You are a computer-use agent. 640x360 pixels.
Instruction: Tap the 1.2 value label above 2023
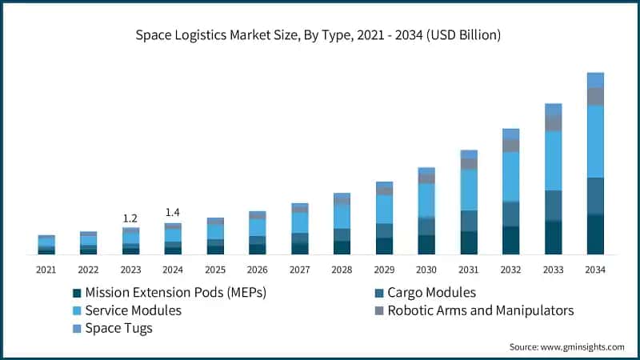(130, 218)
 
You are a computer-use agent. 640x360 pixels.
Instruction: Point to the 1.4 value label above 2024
(172, 212)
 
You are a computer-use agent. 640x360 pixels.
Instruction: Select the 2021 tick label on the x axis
(46, 270)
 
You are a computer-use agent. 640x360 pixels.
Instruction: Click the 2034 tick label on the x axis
(595, 270)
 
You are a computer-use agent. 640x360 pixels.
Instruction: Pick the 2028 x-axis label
(342, 270)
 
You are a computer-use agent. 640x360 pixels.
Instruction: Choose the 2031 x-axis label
(469, 270)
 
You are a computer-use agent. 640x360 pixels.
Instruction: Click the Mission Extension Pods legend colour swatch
(77, 293)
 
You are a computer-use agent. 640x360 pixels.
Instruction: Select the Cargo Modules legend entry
(431, 293)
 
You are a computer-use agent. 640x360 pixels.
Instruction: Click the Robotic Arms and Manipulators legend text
(481, 310)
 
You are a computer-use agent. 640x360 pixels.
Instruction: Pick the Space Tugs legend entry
(118, 328)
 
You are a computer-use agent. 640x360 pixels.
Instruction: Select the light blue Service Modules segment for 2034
(595, 141)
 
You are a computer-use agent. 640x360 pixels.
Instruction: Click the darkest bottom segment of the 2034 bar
(595, 234)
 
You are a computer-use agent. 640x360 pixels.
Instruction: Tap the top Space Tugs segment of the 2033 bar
(553, 109)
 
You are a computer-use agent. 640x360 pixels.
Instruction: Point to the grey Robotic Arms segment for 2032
(510, 146)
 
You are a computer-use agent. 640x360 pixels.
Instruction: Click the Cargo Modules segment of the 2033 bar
(553, 206)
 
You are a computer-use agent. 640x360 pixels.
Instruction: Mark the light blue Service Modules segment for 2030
(426, 200)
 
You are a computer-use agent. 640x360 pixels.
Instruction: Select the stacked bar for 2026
(257, 233)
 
